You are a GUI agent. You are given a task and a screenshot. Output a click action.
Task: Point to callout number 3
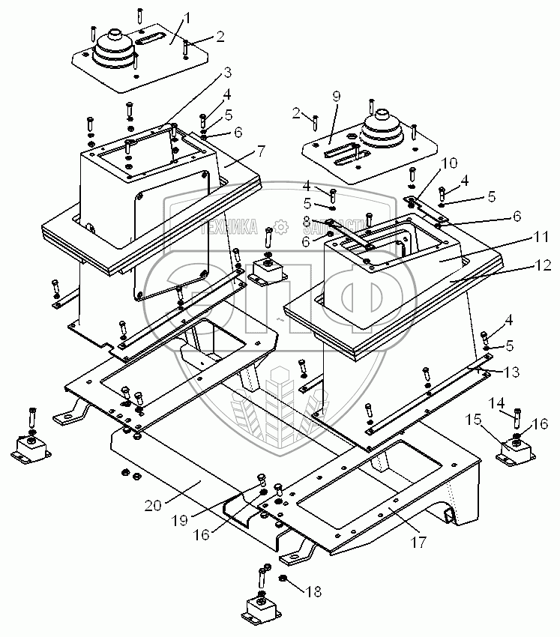226,73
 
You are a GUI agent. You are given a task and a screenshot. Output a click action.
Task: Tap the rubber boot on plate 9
382,133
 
